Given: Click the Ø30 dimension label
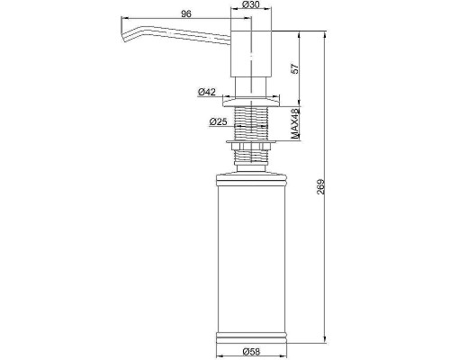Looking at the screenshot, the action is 251,4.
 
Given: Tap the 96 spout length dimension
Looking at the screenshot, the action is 186,13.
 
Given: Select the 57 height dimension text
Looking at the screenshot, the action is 295,68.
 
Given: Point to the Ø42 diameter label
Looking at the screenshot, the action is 207,92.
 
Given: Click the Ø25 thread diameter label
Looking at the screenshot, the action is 219,121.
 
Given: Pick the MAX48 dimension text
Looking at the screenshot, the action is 296,124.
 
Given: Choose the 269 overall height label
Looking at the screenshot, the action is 321,187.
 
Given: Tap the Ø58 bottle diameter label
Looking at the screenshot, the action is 251,351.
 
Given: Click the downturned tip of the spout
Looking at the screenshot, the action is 124,36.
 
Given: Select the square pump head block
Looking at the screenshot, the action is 251,54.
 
